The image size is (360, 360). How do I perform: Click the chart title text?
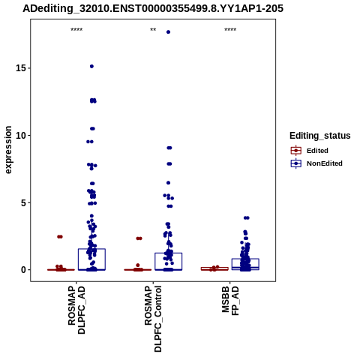(x=153, y=8)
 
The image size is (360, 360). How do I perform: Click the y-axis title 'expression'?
(x=8, y=150)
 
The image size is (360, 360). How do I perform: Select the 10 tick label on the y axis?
(x=21, y=135)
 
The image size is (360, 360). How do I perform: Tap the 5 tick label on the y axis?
(x=24, y=202)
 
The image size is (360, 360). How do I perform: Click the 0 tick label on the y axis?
(x=24, y=270)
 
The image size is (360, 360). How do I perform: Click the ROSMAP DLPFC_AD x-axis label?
(x=76, y=310)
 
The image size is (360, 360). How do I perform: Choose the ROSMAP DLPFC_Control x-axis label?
(x=153, y=319)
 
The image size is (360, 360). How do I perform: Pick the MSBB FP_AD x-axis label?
(x=230, y=301)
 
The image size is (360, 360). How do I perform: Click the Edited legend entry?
(x=317, y=151)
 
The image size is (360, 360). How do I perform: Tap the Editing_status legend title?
(x=320, y=136)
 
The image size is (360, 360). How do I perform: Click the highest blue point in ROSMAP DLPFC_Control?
(x=168, y=32)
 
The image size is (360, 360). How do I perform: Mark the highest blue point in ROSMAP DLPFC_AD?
(x=91, y=66)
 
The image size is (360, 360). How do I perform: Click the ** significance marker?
(x=153, y=30)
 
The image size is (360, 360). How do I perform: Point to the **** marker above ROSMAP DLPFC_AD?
(x=76, y=30)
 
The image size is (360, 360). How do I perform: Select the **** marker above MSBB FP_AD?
(x=230, y=30)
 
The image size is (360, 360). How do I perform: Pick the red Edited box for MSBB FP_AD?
(x=214, y=268)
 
